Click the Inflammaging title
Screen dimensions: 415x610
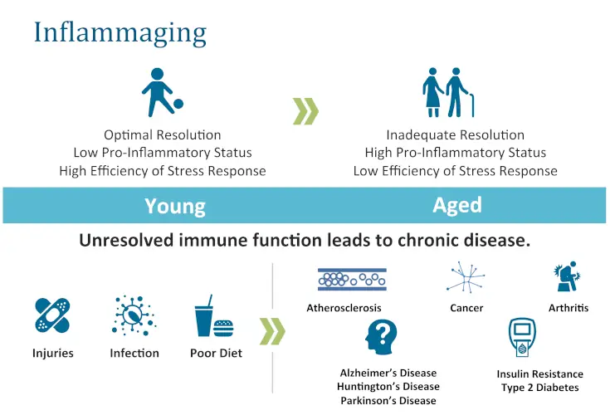(x=120, y=32)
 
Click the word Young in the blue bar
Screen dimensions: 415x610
(x=174, y=206)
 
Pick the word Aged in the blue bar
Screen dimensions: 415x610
(x=456, y=205)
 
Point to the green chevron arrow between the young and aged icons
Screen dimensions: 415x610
(x=305, y=111)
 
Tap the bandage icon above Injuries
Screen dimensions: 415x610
(x=52, y=316)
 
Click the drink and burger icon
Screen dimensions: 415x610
(x=212, y=316)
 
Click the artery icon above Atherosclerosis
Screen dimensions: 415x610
(x=352, y=279)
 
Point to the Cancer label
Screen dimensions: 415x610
(x=466, y=308)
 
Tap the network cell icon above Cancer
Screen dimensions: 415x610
(x=466, y=278)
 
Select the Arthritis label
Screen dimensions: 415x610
(x=569, y=308)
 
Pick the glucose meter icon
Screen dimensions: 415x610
(x=521, y=339)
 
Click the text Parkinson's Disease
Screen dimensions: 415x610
(x=388, y=401)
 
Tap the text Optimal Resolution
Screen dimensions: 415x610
(x=163, y=134)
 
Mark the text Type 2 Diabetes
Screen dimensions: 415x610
(x=539, y=388)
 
